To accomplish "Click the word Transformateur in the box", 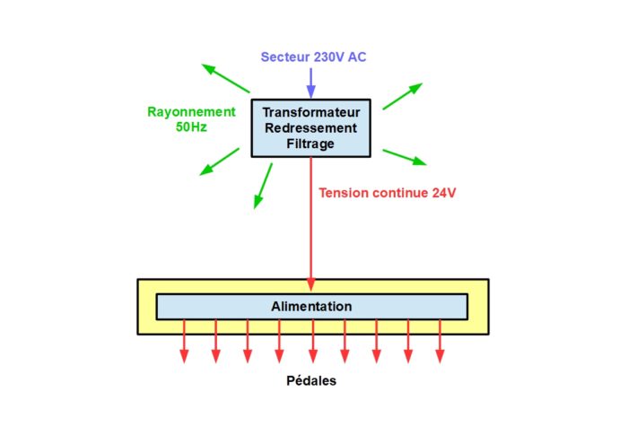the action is pos(311,112).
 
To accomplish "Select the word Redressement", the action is pos(310,128).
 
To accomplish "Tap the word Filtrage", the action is pos(310,144).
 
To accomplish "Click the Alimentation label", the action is pos(311,307).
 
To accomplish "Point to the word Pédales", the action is pos(311,380).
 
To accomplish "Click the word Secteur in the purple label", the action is pos(285,57).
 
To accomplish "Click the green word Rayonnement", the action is pos(191,112).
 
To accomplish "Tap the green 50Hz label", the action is pos(191,126).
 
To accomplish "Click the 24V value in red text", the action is pos(444,193).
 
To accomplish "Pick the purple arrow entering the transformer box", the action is pos(311,83).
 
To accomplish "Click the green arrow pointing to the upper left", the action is pos(225,78).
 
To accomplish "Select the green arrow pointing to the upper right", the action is pos(403,96).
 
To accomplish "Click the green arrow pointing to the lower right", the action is pos(405,157).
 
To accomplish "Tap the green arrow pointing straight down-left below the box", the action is pos(263,187).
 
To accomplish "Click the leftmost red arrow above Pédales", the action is pos(184,341).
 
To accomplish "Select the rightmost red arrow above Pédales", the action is pos(440,341).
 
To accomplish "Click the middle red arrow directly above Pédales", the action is pos(313,341).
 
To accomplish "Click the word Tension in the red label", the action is pos(344,193).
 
